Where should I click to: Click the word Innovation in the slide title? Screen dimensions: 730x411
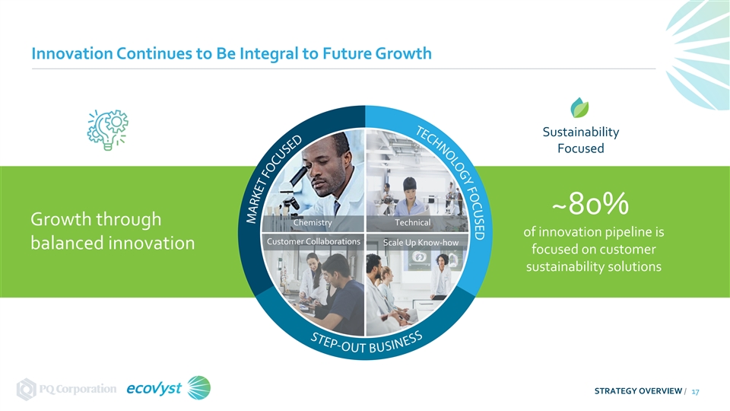point(72,53)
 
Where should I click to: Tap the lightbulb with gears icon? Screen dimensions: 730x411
point(107,129)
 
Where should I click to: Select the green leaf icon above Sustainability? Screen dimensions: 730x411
point(579,107)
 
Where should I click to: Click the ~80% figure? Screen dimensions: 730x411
point(590,204)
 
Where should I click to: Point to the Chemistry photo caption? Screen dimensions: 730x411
point(313,223)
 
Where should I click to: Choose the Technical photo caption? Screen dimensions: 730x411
point(412,223)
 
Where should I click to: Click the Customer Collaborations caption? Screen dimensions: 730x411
point(313,241)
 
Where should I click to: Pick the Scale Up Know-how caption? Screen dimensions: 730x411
point(421,242)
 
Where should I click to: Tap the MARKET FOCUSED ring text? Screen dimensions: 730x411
point(274,180)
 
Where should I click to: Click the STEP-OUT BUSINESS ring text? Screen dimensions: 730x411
point(367,342)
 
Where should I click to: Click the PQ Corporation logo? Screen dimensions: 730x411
point(66,389)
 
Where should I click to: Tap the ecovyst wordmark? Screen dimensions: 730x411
point(154,388)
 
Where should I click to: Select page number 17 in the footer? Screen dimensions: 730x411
point(695,391)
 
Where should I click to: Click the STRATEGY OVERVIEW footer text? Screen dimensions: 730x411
point(638,391)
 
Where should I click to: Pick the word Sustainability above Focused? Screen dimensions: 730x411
point(580,132)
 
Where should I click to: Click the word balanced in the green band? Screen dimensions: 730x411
point(70,243)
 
